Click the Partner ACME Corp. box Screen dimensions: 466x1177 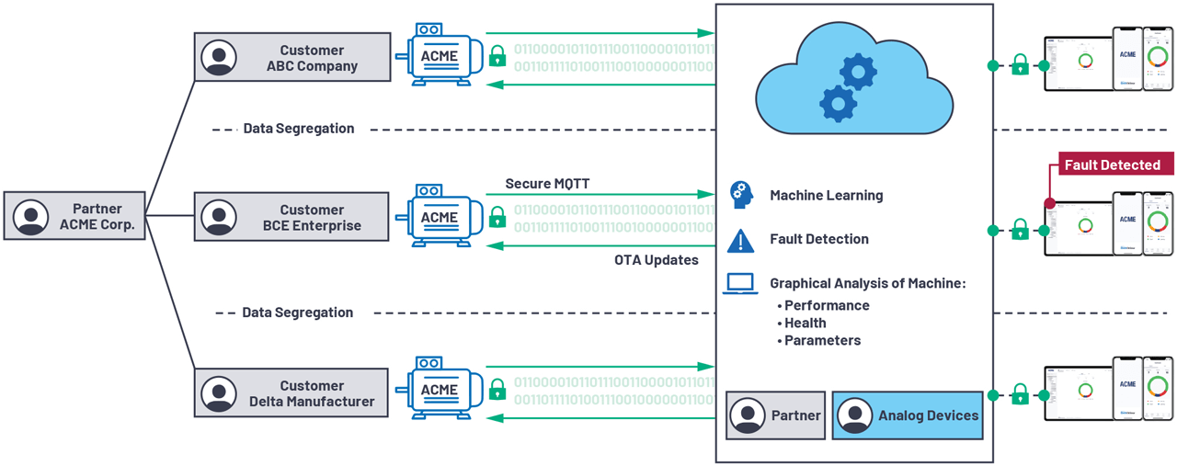click(74, 217)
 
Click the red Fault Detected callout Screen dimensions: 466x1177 click(1112, 165)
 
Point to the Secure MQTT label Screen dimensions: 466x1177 click(547, 184)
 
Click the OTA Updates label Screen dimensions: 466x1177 click(656, 260)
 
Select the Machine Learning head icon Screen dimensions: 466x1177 click(740, 195)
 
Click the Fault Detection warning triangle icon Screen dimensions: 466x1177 click(740, 240)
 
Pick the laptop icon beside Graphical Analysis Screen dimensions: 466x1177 click(740, 284)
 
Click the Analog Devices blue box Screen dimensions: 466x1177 click(907, 415)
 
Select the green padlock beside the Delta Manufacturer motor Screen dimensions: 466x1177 click(497, 389)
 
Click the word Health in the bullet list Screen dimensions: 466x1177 click(805, 323)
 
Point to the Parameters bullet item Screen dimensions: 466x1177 click(822, 340)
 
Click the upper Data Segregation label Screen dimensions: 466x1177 click(298, 129)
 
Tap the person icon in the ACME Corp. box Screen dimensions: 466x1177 click(31, 217)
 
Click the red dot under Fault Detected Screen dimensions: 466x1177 click(1049, 203)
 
